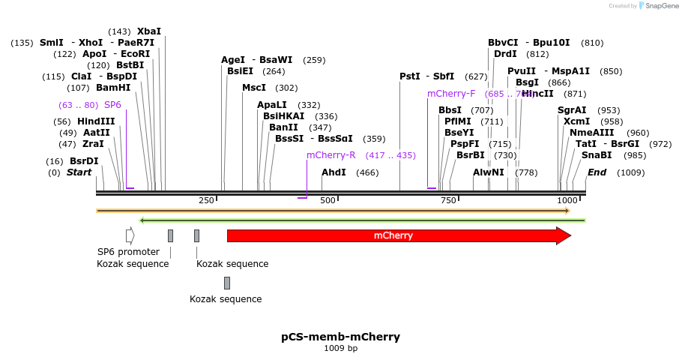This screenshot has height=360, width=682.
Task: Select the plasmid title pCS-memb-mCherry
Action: (x=340, y=337)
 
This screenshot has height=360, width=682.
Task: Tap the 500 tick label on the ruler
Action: (x=328, y=200)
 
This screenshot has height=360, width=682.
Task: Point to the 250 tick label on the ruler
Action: (x=206, y=200)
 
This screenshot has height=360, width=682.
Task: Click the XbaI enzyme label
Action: (x=148, y=31)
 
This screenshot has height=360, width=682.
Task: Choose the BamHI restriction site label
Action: (x=113, y=88)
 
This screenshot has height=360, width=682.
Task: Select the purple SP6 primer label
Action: (x=112, y=105)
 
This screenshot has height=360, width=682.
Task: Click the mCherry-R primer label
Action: (x=331, y=155)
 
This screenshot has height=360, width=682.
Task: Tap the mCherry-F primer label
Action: (x=451, y=94)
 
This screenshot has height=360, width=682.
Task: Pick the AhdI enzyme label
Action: (x=334, y=172)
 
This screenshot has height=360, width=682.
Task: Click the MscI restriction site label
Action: (x=253, y=88)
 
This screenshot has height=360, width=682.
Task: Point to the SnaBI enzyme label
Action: (x=597, y=155)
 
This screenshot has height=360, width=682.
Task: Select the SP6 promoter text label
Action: (x=128, y=252)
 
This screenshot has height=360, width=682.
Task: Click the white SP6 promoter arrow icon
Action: (x=130, y=235)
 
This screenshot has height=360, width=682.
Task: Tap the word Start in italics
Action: (x=79, y=172)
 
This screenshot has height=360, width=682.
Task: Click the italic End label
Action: (x=597, y=172)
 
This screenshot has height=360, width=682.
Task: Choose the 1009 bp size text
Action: (x=340, y=348)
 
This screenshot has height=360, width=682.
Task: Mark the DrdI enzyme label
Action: (x=505, y=54)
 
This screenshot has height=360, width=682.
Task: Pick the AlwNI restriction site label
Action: (x=489, y=172)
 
